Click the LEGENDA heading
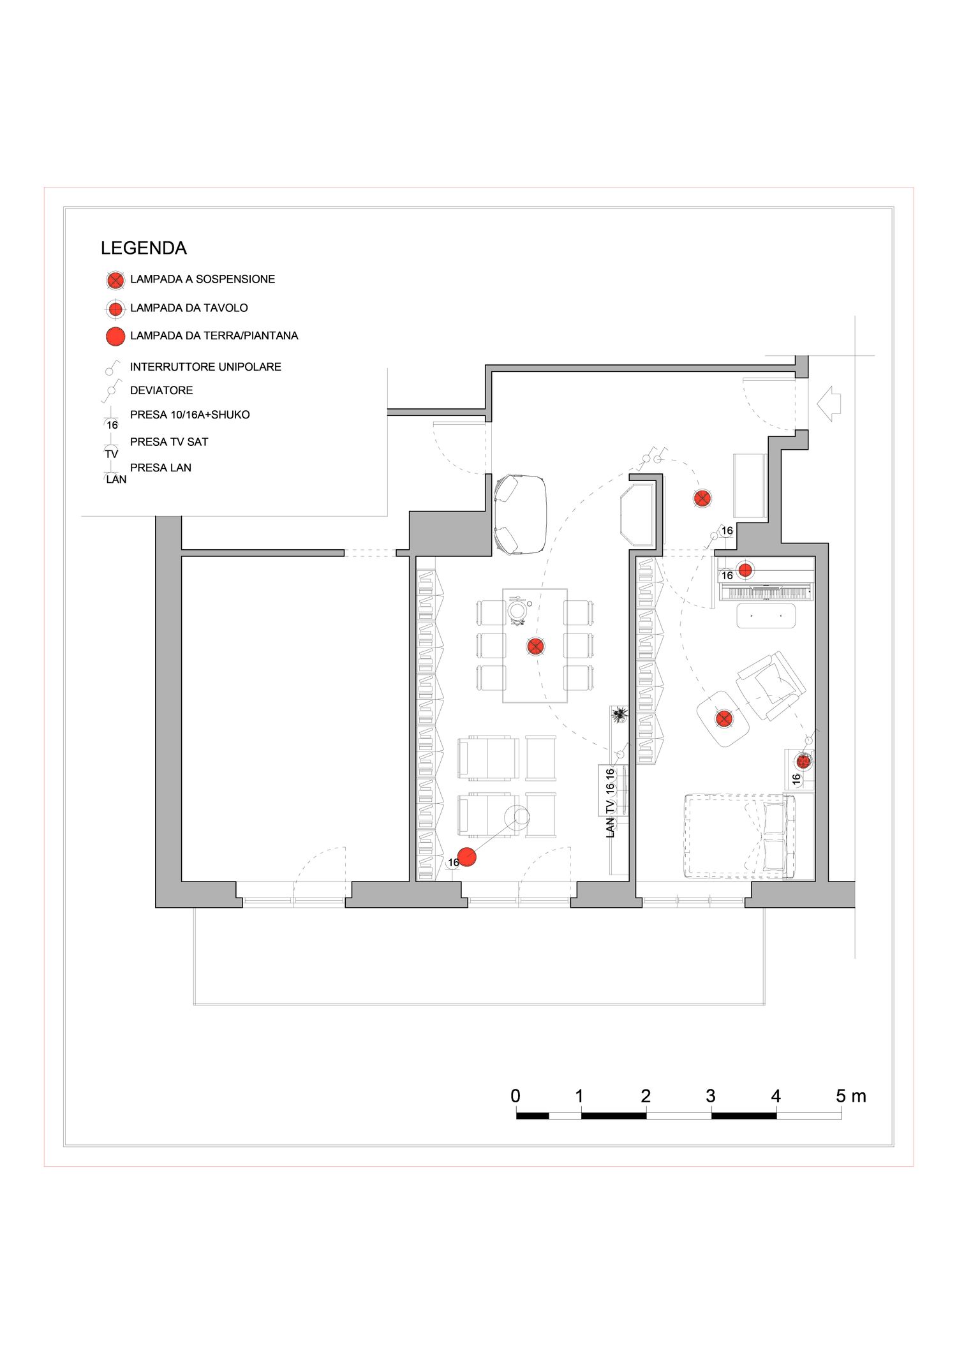144,248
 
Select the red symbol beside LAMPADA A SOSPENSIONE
115,280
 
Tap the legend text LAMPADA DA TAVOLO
189,308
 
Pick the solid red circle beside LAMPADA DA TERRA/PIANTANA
115,336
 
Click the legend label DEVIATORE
161,390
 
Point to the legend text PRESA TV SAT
169,442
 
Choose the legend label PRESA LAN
161,468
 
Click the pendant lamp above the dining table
535,646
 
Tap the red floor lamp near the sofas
467,857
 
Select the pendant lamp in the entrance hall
702,498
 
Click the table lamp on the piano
745,570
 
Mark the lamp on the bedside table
803,761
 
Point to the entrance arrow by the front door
829,403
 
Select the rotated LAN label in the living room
610,828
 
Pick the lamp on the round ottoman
723,719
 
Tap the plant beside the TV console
618,715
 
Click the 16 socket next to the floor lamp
453,862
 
